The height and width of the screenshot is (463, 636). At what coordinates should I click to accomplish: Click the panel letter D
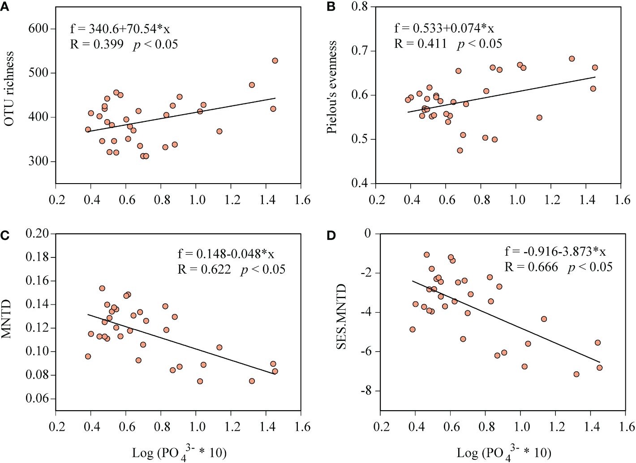click(x=331, y=235)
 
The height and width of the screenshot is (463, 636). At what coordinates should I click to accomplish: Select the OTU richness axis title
click(x=9, y=88)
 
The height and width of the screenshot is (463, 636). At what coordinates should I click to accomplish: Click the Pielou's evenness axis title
click(x=331, y=87)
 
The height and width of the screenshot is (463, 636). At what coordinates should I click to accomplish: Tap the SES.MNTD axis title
click(x=341, y=317)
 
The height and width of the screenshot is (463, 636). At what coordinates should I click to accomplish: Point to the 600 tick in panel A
click(x=38, y=29)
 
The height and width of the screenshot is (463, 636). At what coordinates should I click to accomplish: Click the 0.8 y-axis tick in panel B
click(x=359, y=7)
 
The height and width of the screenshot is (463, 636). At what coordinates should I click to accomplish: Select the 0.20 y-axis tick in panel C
click(x=37, y=233)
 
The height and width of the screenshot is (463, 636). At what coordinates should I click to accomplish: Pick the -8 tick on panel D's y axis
click(x=366, y=391)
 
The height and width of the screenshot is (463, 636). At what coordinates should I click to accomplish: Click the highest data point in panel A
click(x=275, y=60)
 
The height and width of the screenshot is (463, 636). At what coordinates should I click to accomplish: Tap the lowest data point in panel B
click(x=460, y=150)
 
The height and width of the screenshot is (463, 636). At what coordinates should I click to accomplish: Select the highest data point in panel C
click(x=102, y=288)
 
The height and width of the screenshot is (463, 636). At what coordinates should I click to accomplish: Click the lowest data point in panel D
click(x=576, y=374)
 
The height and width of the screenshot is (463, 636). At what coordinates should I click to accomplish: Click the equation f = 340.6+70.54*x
click(x=120, y=29)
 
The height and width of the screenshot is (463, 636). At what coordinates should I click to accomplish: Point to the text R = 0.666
click(x=531, y=267)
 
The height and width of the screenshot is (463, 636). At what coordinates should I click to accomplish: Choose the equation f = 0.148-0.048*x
click(x=226, y=254)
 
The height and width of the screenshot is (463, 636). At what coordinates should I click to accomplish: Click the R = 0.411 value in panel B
click(x=421, y=44)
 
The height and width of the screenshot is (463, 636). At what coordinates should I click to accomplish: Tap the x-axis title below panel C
click(x=179, y=453)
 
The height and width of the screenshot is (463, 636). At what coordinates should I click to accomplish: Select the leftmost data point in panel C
click(x=88, y=356)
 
